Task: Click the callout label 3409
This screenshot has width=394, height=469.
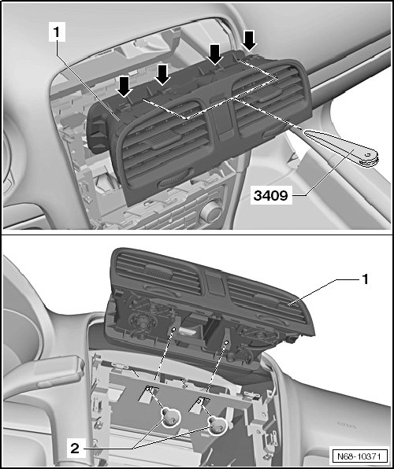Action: click(271, 196)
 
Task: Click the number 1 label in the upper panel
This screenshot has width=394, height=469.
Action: click(57, 32)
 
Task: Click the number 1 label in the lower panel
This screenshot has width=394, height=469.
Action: click(365, 279)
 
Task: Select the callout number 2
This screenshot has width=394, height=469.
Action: click(75, 449)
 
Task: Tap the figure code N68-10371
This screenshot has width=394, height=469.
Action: click(359, 456)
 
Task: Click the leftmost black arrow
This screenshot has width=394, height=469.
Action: click(124, 86)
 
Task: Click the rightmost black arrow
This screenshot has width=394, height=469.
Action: click(249, 40)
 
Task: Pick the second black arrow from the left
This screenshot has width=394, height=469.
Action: click(162, 74)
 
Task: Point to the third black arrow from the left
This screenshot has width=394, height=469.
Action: click(215, 54)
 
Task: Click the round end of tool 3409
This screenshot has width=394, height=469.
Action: click(368, 157)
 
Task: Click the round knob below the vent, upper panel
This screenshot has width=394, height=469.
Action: click(211, 211)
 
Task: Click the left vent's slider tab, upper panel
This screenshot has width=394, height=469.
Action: click(164, 139)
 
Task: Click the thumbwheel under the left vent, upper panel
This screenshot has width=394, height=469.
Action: click(175, 179)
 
